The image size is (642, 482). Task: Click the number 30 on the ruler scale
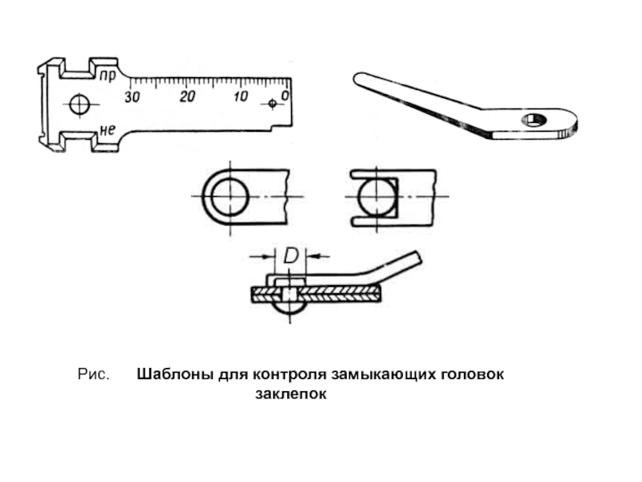(x=132, y=96)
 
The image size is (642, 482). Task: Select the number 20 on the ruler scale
(x=187, y=96)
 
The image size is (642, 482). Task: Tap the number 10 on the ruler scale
(x=240, y=96)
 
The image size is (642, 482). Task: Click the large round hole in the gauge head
(x=79, y=104)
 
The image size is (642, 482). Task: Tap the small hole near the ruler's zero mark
(x=272, y=104)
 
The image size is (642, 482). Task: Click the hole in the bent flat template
(x=534, y=120)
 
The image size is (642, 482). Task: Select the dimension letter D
(x=291, y=256)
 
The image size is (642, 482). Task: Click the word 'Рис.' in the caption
(x=93, y=375)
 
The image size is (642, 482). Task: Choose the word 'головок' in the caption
(x=477, y=375)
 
